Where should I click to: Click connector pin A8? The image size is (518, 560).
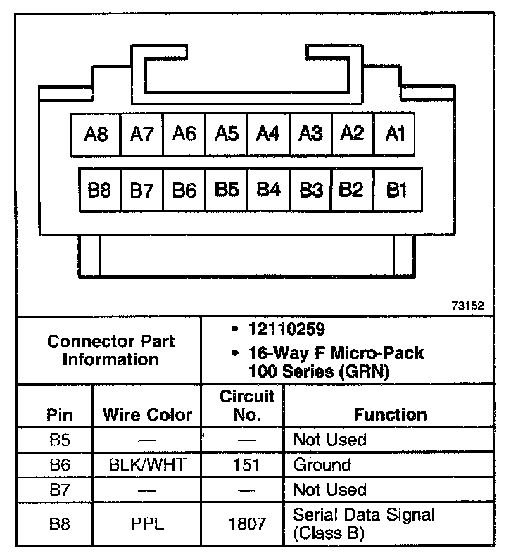tap(96, 134)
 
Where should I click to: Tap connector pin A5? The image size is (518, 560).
tap(227, 133)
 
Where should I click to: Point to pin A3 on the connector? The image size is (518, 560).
tap(310, 133)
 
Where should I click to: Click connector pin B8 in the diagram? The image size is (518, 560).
tap(99, 190)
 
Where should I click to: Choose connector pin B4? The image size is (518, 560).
tap(268, 190)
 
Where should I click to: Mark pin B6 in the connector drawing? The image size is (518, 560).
tap(184, 190)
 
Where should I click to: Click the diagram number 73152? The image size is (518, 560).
tap(468, 307)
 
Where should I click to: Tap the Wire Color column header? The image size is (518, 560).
tap(147, 414)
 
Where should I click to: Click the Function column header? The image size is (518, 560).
tap(390, 414)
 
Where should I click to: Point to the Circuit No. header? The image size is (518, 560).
tap(246, 405)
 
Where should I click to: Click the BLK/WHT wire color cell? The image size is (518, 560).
tap(147, 465)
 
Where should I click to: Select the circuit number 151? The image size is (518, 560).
tap(246, 465)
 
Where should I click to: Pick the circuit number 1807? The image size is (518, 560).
tap(246, 523)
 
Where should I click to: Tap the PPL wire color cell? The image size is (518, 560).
tap(147, 523)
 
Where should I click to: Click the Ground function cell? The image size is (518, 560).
tap(322, 465)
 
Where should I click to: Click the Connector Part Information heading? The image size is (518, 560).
tap(110, 350)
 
